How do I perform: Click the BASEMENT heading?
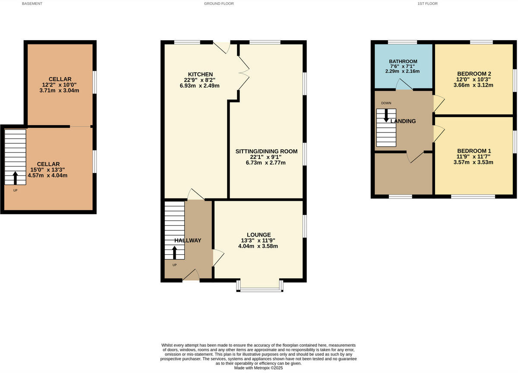(32, 3)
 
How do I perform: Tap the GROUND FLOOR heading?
(219, 3)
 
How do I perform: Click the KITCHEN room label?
(200, 74)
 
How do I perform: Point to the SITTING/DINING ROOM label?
(266, 151)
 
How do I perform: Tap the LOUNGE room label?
(259, 234)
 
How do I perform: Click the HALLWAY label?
(188, 240)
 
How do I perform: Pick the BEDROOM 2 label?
(474, 73)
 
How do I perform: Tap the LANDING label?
(403, 121)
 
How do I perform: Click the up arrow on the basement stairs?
(16, 177)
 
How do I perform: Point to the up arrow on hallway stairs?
(175, 253)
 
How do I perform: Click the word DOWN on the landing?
(386, 103)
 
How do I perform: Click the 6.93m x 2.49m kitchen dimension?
(200, 85)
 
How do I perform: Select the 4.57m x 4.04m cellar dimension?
(47, 176)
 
